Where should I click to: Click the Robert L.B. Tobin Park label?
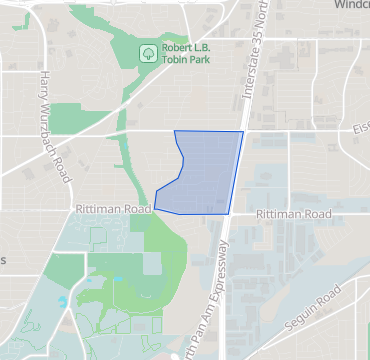[x=186, y=52]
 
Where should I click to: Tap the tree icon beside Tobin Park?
[x=147, y=52]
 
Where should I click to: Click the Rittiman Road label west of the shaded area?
[x=112, y=210]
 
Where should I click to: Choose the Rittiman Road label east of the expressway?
[x=293, y=214]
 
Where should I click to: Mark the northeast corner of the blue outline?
[x=243, y=131]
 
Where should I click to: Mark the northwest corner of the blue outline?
[x=175, y=131]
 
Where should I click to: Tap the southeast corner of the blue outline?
[x=229, y=213]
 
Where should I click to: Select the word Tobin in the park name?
[x=177, y=59]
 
